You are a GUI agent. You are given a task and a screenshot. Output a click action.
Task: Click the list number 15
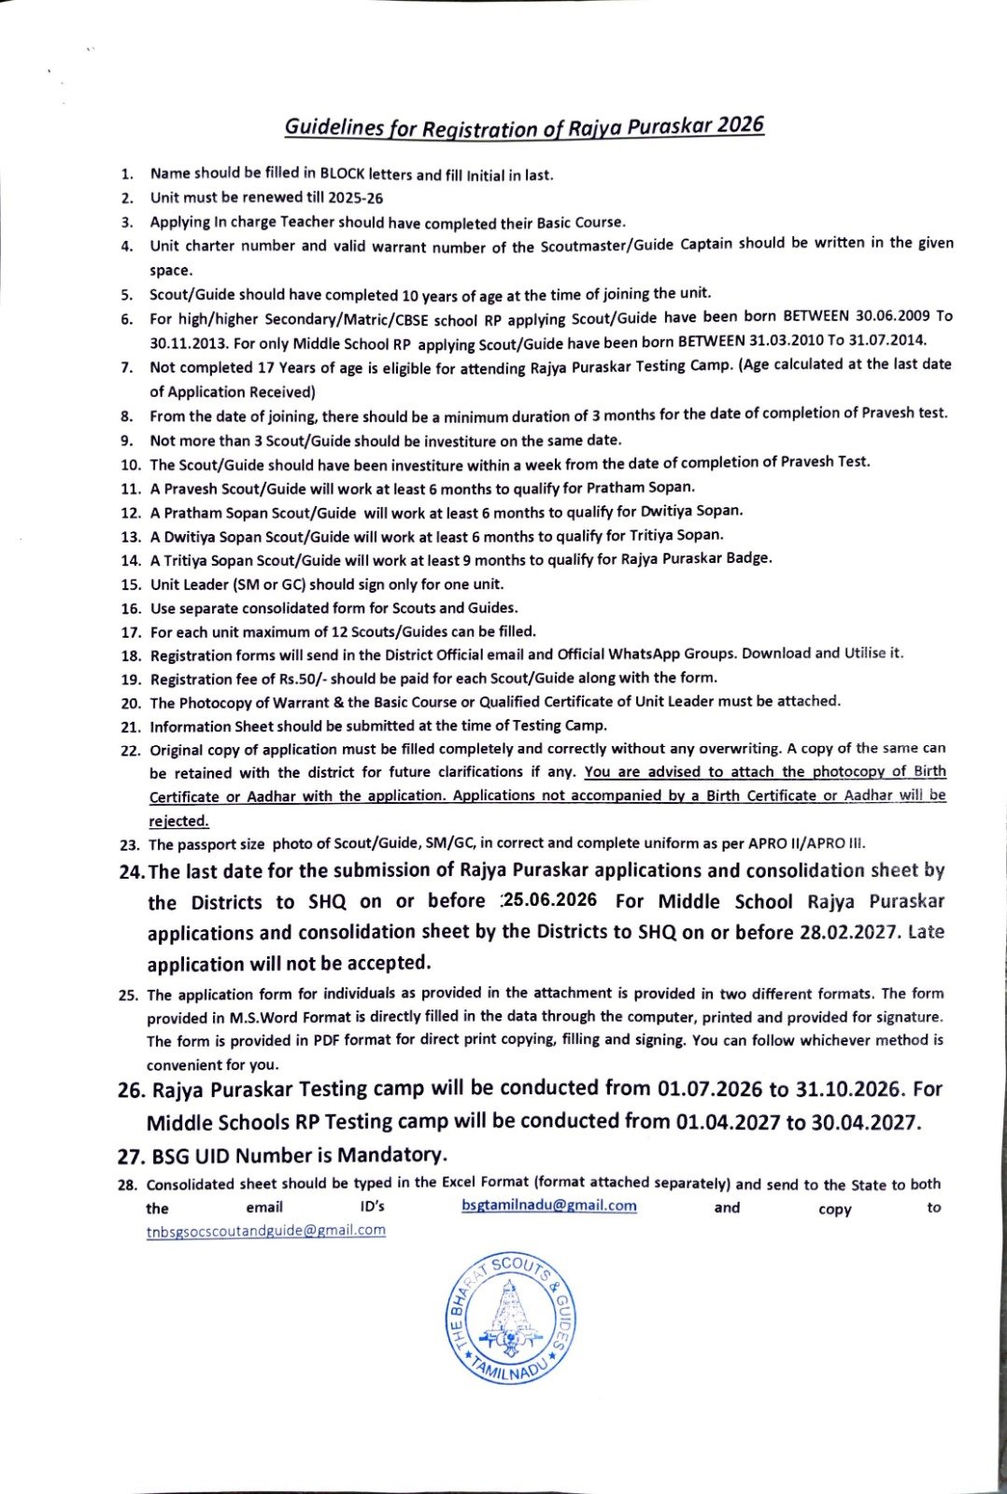130,585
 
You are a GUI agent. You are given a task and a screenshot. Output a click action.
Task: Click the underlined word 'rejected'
178,822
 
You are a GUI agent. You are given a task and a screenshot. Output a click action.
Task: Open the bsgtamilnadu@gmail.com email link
549,1206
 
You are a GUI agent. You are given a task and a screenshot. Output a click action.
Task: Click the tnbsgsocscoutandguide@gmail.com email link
266,1231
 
